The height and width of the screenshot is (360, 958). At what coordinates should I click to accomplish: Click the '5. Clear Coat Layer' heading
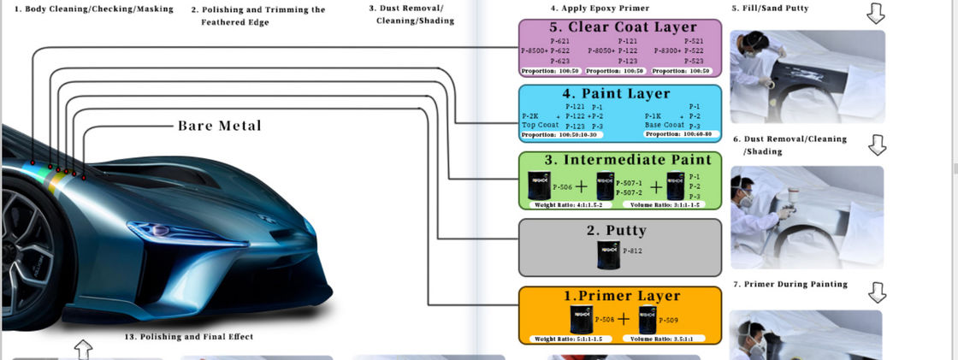coord(620,27)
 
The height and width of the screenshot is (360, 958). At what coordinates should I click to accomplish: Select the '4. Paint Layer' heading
coord(620,93)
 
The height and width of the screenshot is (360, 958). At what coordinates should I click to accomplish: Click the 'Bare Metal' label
coord(220,126)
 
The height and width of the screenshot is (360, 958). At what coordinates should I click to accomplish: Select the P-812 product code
coord(633,251)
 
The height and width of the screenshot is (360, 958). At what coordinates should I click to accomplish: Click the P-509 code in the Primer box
coord(671,320)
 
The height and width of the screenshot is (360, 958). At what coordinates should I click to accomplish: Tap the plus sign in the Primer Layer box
coord(624,320)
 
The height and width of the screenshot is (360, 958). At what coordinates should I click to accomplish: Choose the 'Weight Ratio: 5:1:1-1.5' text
coord(569,339)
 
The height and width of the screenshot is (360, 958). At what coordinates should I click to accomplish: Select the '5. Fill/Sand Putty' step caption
coord(770,9)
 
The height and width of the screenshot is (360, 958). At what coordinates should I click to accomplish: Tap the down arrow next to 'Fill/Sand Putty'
coord(875,13)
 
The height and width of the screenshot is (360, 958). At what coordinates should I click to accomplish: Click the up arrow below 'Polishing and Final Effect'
coord(83,349)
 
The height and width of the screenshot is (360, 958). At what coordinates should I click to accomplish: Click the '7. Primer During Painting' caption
coord(789,284)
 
